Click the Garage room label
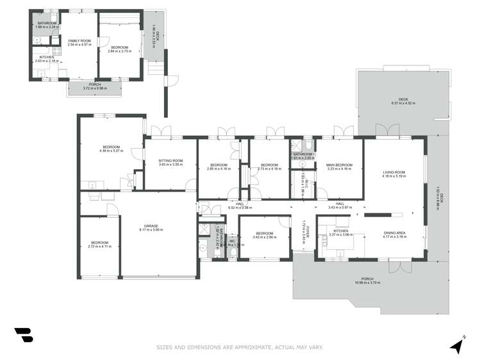tap(151, 225)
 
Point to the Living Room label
tap(394, 172)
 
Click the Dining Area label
tap(394, 233)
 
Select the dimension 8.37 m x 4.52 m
tap(403, 103)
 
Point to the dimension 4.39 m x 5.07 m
tap(111, 151)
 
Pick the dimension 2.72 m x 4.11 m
tap(99, 246)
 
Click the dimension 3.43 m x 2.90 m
tap(265, 237)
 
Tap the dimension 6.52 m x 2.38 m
tap(240, 208)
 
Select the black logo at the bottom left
tap(23, 336)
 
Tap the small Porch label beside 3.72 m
tap(95, 84)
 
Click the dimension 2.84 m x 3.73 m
tap(119, 51)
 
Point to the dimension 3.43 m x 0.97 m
tap(340, 208)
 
